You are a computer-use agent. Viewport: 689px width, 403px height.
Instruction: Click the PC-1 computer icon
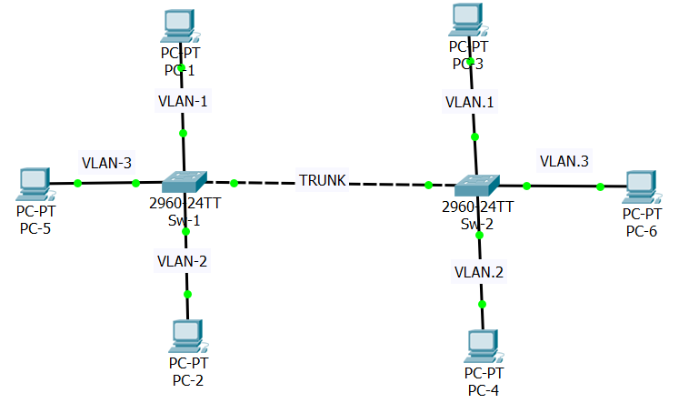[178, 26]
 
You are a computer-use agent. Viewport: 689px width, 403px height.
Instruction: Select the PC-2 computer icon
[186, 337]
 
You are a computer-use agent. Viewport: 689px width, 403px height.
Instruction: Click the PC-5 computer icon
[35, 185]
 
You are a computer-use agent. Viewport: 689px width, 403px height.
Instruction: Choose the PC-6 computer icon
[642, 187]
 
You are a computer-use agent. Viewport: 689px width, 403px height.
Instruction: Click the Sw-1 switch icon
[185, 182]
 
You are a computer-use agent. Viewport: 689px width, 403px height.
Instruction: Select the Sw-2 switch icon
[477, 185]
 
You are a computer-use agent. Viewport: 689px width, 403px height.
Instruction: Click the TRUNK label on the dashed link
[323, 181]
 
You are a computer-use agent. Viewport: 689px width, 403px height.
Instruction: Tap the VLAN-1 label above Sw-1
[183, 101]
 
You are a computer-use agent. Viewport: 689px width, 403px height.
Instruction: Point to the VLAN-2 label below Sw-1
[183, 261]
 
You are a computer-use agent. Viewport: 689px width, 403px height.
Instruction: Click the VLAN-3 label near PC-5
[107, 163]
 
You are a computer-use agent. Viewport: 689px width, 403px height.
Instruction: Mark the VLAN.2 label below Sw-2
[478, 271]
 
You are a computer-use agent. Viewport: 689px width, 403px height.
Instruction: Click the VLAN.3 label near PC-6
[564, 161]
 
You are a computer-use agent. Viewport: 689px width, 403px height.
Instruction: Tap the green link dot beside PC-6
[600, 187]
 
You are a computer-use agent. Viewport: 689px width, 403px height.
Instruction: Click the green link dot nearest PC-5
[77, 184]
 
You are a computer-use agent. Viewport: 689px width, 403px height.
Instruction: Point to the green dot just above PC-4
[482, 304]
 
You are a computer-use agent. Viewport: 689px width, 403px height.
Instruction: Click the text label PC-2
[186, 378]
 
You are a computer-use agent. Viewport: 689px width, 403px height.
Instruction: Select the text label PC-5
[35, 227]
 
